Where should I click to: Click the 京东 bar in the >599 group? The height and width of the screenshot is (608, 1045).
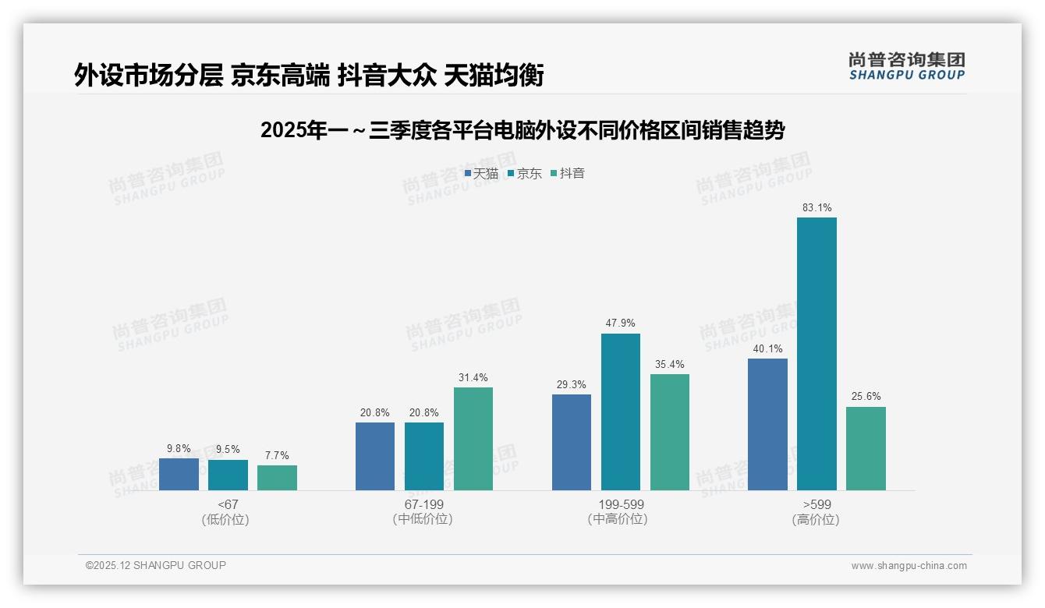[x=817, y=354]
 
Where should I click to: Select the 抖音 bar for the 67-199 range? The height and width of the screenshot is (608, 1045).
[x=473, y=439]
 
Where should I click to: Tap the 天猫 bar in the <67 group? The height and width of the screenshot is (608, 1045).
[x=179, y=474]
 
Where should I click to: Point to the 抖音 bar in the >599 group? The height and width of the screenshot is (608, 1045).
[x=866, y=448]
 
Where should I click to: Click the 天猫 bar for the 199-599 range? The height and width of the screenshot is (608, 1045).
[x=572, y=442]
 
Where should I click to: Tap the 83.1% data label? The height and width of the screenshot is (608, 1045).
[x=817, y=208]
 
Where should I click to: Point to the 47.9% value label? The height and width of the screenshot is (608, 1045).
[x=621, y=323]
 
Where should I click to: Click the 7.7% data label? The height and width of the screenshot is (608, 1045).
[x=277, y=455]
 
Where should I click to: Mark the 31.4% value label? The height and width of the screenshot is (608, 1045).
[x=473, y=378]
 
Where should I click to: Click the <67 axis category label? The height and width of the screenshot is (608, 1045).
[x=228, y=504]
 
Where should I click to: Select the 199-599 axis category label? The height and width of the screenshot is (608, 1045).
[x=621, y=504]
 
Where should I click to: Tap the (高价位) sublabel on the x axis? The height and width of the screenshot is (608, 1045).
[x=817, y=520]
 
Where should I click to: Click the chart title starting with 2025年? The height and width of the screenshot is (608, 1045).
[x=522, y=130]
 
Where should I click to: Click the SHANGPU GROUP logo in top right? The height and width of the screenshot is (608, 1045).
[x=906, y=65]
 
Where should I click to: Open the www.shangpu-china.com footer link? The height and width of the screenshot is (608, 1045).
[x=909, y=566]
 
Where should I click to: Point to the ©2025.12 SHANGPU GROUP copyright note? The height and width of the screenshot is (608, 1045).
[x=156, y=565]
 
